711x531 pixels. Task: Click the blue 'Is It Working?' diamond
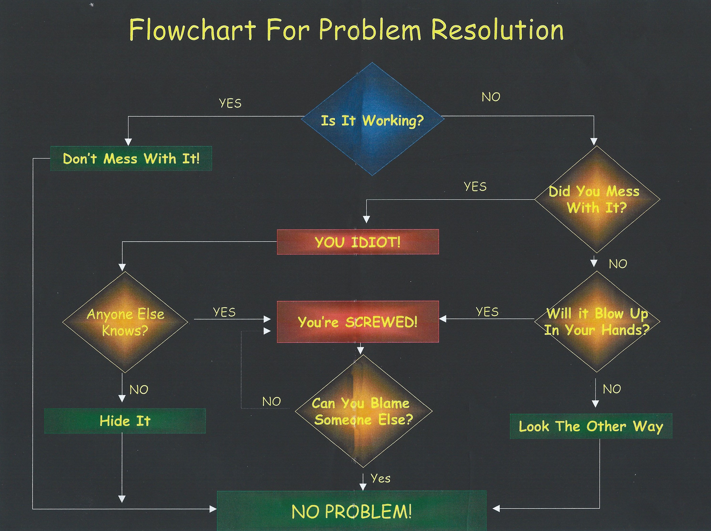(372, 119)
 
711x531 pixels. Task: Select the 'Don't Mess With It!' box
(131, 159)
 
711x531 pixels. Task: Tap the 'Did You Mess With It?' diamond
(597, 199)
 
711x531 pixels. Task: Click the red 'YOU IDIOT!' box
(358, 242)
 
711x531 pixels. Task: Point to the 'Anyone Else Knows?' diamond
(125, 322)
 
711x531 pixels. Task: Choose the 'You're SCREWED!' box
(358, 322)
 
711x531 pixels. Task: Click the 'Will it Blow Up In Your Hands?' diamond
(597, 321)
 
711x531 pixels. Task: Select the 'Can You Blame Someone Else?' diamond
(363, 411)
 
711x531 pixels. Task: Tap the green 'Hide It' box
(125, 421)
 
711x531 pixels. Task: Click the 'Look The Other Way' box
(591, 426)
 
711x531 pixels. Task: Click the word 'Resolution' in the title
(497, 30)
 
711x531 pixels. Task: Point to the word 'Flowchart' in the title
(192, 30)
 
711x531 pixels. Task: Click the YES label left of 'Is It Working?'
(230, 103)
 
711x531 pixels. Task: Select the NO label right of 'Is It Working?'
(491, 97)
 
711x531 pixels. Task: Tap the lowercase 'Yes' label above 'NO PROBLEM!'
(380, 478)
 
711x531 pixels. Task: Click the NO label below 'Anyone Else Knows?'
(139, 390)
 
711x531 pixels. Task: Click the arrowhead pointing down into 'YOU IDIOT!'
(366, 220)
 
